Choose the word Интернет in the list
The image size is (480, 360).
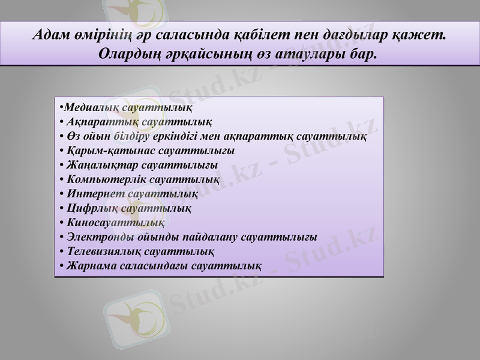pyautogui.click(x=95, y=194)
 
